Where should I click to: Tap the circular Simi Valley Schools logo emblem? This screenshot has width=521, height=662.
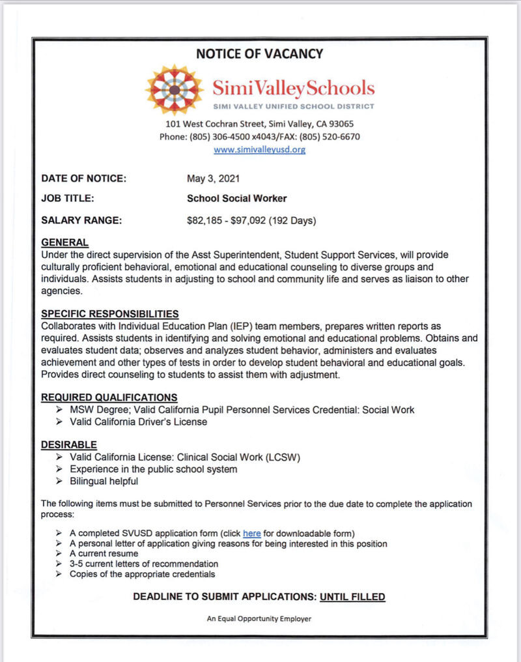[175, 90]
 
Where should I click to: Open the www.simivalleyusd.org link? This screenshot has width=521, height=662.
[259, 149]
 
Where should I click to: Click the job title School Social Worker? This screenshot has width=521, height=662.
[236, 199]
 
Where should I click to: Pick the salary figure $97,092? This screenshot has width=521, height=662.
[248, 220]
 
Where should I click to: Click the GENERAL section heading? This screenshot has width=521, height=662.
[64, 242]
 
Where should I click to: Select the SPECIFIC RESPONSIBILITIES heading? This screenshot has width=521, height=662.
[109, 313]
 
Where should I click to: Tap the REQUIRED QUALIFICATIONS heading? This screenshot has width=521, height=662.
[109, 397]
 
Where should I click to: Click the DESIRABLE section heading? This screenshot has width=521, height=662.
[68, 444]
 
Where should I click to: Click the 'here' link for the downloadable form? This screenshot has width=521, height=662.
[251, 533]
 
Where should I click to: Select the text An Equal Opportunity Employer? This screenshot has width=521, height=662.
[259, 618]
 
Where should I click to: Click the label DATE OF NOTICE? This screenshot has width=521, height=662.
[83, 179]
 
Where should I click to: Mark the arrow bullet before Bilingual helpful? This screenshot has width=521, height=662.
[61, 482]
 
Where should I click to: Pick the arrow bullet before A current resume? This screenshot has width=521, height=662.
[61, 553]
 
